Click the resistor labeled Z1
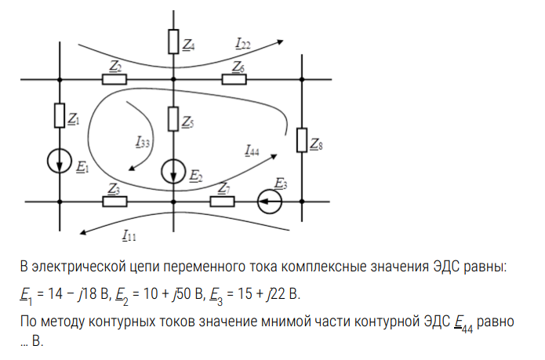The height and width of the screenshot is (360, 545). [60, 116]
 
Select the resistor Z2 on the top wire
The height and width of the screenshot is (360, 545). [114, 79]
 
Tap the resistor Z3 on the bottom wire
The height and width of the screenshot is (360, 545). [114, 201]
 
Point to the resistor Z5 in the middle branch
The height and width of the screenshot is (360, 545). [173, 118]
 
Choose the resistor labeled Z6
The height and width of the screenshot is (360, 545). [234, 79]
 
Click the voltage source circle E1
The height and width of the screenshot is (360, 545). [60, 162]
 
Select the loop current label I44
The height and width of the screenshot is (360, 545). [252, 150]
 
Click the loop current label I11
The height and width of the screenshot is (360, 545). [129, 234]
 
